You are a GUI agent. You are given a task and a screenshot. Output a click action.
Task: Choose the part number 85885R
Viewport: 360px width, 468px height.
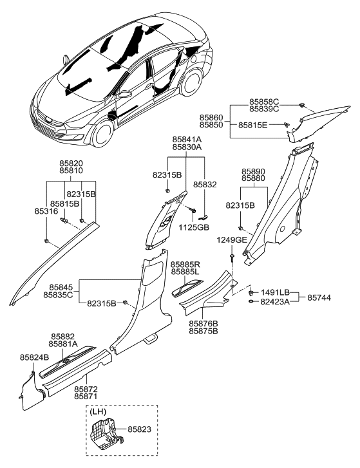pyautogui.click(x=186, y=265)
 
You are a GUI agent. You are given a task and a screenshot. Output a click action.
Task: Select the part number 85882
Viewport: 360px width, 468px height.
pyautogui.click(x=65, y=336)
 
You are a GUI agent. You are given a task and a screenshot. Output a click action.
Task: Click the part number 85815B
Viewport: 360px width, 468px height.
pyautogui.click(x=66, y=203)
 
